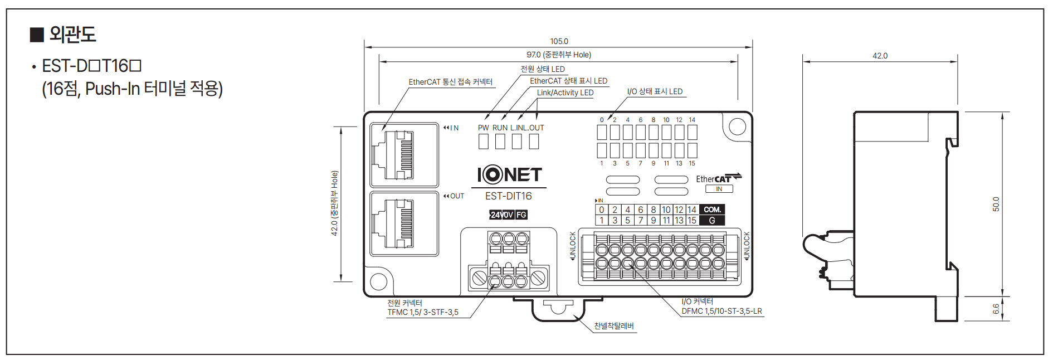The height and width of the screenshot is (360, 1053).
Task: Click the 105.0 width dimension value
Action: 559,41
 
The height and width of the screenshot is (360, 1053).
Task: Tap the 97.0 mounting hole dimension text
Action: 558,55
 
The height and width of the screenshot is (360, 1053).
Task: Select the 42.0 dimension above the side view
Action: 880,56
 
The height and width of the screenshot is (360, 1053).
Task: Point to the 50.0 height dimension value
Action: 996,204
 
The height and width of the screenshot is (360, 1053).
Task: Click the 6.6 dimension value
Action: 996,309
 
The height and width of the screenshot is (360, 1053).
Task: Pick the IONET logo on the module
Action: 509,175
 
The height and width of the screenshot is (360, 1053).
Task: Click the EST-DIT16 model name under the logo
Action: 508,196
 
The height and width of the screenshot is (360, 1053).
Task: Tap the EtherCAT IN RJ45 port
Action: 404,154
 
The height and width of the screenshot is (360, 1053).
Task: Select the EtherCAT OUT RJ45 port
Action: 404,223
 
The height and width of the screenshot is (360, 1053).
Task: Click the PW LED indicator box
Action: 484,142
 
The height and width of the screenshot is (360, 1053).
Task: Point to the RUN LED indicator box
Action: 500,142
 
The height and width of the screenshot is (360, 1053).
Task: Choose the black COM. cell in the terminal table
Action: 712,210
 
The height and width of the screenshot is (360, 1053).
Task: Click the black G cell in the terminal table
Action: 712,220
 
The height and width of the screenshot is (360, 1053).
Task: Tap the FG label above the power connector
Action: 521,215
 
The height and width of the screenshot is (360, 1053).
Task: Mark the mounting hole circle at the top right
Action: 737,127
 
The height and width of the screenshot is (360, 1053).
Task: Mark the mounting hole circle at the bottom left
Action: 379,281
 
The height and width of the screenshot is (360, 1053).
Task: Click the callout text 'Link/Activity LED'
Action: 565,93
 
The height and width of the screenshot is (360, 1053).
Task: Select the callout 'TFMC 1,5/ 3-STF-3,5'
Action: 423,312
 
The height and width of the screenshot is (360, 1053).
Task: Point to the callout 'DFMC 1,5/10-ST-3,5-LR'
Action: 721,311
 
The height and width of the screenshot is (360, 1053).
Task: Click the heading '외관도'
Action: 72,35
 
